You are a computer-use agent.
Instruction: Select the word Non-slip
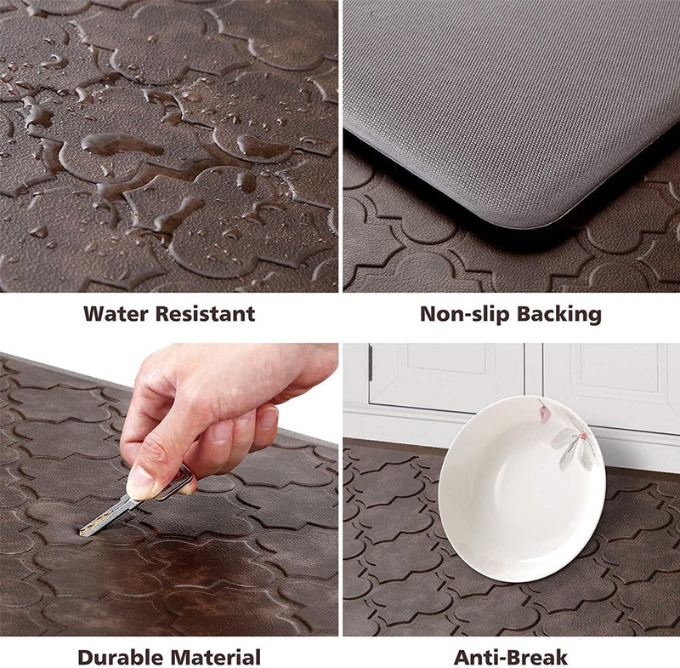pos(462,314)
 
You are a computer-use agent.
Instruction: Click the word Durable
pos(121,657)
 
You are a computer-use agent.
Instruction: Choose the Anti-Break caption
pos(510,657)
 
